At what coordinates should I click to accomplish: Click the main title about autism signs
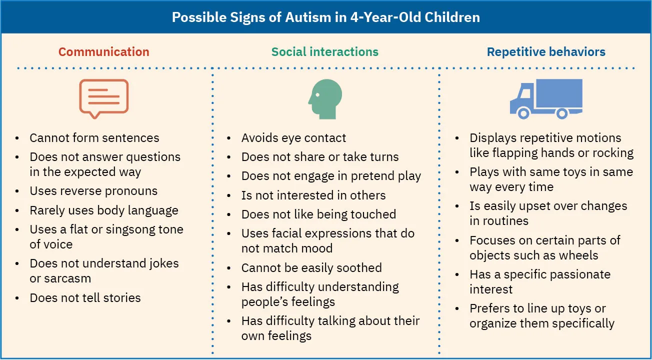(x=325, y=17)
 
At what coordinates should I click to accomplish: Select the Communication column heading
(x=104, y=51)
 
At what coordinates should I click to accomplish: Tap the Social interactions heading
(x=325, y=51)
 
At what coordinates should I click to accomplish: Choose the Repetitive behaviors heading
(x=546, y=51)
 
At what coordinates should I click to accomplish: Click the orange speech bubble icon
(x=104, y=97)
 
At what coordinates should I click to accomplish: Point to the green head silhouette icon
(x=325, y=98)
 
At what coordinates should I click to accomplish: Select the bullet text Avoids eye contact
(x=293, y=138)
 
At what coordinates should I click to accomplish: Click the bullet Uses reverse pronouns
(x=93, y=191)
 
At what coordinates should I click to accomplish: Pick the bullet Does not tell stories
(x=85, y=298)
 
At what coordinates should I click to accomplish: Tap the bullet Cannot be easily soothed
(x=311, y=268)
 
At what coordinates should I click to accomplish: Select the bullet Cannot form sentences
(x=94, y=138)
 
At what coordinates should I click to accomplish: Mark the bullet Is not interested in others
(x=313, y=195)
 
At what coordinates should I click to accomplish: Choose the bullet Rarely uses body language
(x=104, y=210)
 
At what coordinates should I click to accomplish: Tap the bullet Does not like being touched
(x=318, y=214)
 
